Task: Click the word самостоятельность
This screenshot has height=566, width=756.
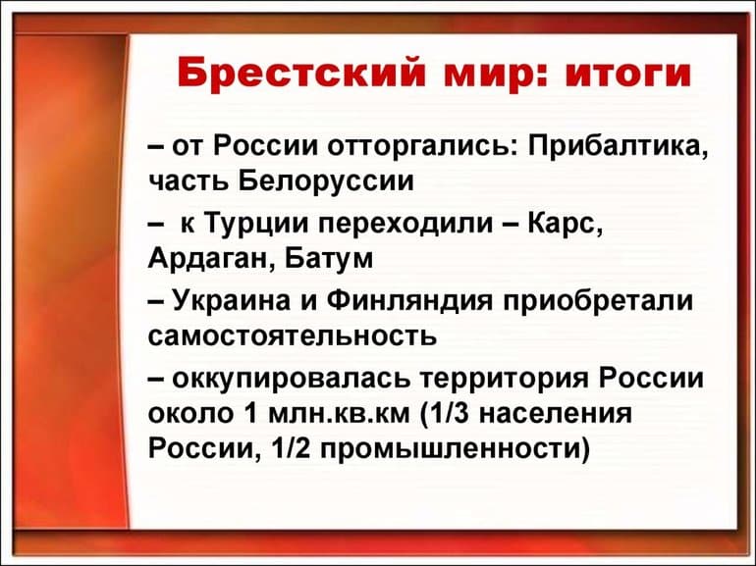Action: click(x=292, y=335)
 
